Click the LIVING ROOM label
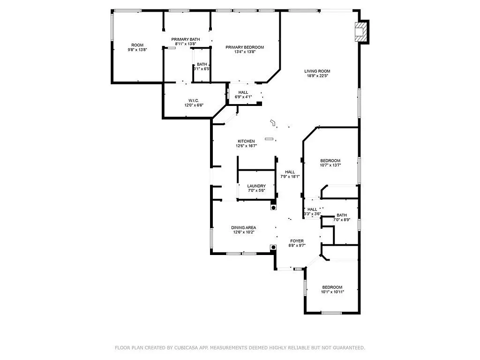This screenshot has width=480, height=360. [x=317, y=71]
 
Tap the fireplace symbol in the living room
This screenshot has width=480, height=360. [x=361, y=32]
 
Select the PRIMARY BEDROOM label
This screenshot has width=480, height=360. [x=245, y=47]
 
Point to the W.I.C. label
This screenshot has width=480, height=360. [x=194, y=100]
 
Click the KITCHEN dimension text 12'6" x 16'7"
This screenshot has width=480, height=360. [x=246, y=146]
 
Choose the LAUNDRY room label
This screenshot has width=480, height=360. [x=256, y=186]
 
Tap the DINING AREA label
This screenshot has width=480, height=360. [x=244, y=227]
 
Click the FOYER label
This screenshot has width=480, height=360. [x=297, y=241]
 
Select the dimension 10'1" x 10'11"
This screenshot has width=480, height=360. [x=332, y=292]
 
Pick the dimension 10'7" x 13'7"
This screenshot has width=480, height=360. [x=330, y=165]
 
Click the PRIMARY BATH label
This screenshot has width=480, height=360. [x=186, y=39]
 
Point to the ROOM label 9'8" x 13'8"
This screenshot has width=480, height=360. [x=137, y=45]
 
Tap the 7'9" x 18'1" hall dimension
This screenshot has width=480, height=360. [x=290, y=177]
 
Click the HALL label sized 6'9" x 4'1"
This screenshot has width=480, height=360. [x=243, y=92]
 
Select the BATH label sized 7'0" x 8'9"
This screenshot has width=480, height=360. [x=342, y=215]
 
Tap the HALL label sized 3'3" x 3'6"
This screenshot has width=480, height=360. [x=312, y=210]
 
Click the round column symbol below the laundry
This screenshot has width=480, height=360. [x=273, y=208]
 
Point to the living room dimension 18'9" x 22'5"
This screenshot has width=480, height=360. [x=317, y=76]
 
